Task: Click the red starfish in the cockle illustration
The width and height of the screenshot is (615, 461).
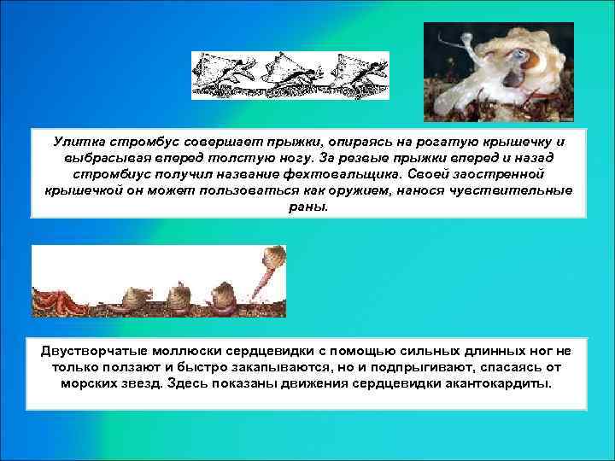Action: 54,301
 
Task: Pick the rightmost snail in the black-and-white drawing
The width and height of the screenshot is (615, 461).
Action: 357,72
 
